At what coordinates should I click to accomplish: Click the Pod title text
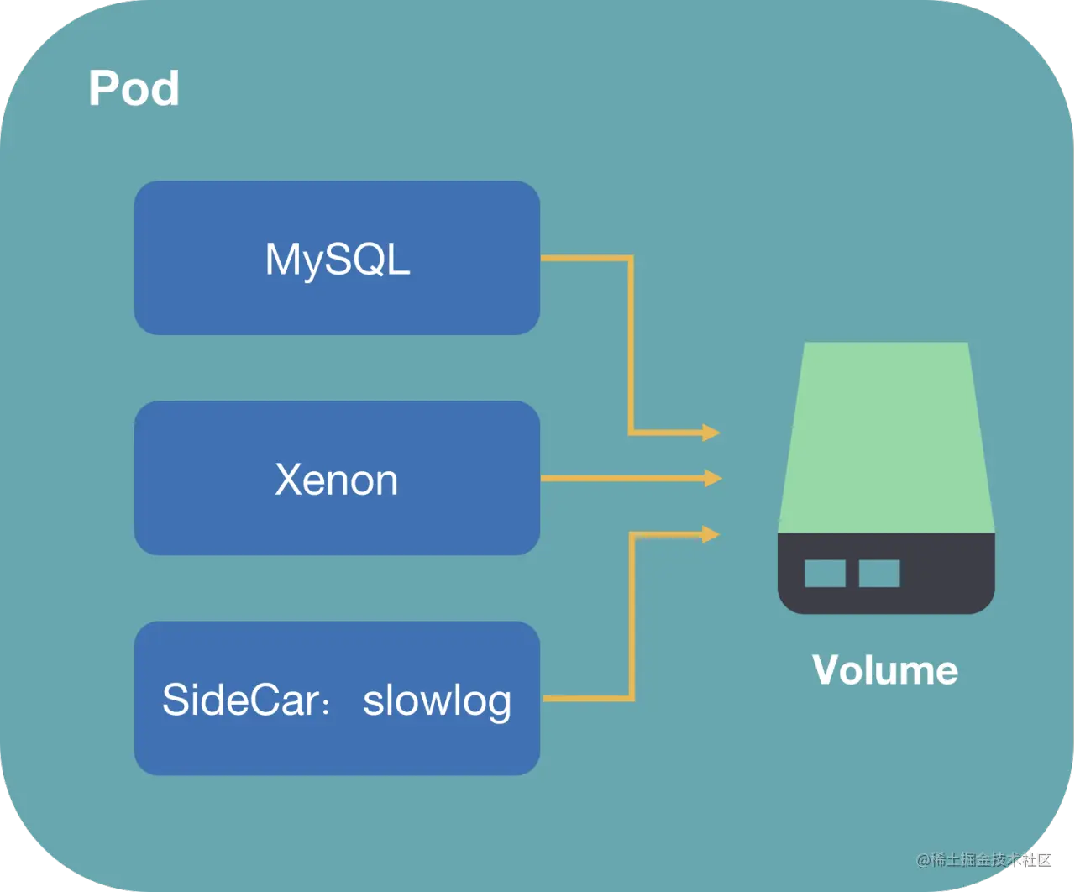[134, 88]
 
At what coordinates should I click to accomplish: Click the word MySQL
[338, 260]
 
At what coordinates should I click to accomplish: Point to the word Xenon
[337, 480]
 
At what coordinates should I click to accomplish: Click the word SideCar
[240, 700]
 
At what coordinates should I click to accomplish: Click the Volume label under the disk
[885, 670]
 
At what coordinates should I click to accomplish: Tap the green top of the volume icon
[886, 437]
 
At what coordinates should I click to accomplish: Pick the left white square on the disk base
[825, 574]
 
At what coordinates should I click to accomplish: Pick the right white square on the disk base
[879, 574]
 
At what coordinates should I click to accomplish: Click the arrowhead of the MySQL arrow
[711, 433]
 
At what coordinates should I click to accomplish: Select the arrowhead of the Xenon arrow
[713, 478]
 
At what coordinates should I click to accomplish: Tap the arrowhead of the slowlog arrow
[711, 533]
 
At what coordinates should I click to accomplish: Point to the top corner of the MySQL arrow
[630, 259]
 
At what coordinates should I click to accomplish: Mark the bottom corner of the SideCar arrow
[631, 698]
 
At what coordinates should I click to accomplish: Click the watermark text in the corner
[983, 858]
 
